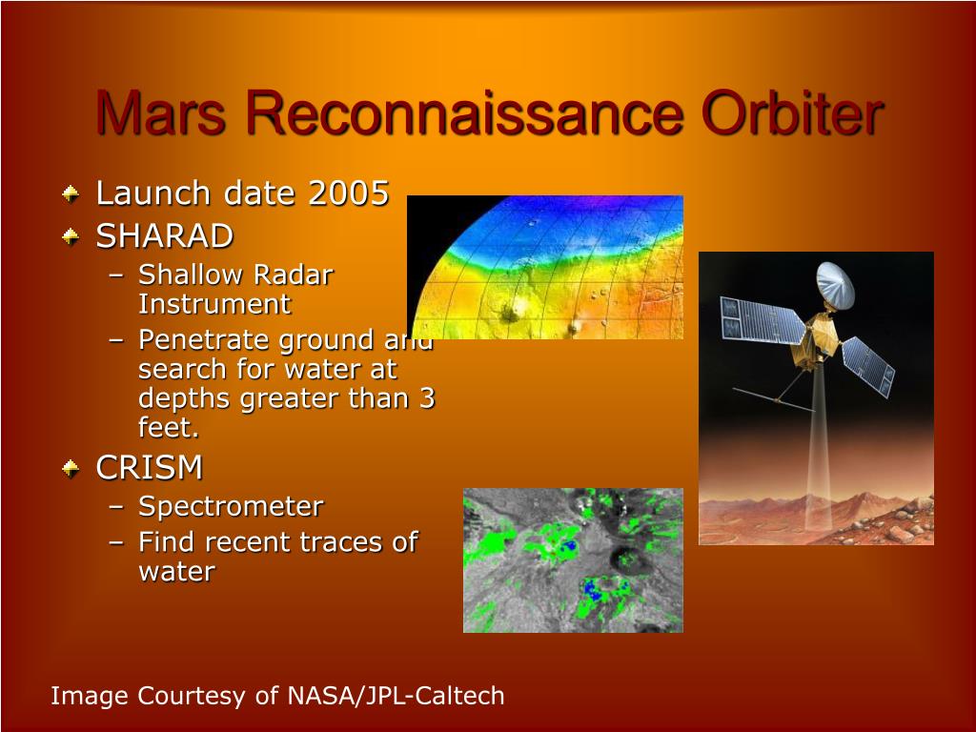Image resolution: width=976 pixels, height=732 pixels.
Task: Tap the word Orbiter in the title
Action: click(792, 112)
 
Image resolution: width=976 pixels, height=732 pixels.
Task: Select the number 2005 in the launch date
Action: click(349, 193)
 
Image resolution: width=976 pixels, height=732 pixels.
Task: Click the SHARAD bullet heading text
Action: click(164, 236)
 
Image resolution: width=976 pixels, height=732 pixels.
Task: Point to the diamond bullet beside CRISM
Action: click(71, 468)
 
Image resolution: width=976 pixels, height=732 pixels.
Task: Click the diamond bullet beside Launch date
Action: click(71, 193)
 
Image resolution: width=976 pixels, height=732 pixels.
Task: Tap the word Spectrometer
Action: click(231, 506)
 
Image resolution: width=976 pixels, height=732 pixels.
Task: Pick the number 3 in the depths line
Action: click(426, 397)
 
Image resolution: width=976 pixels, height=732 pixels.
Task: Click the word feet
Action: click(168, 428)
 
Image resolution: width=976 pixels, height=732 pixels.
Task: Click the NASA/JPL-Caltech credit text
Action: click(396, 695)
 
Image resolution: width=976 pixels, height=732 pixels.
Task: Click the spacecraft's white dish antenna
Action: click(835, 285)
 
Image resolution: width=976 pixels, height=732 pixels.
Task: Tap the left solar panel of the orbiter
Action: click(762, 321)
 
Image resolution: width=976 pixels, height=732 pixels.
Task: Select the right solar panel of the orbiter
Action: click(868, 367)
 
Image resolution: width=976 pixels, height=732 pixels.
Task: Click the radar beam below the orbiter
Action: click(819, 448)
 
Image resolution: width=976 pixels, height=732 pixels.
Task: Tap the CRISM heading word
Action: click(150, 467)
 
